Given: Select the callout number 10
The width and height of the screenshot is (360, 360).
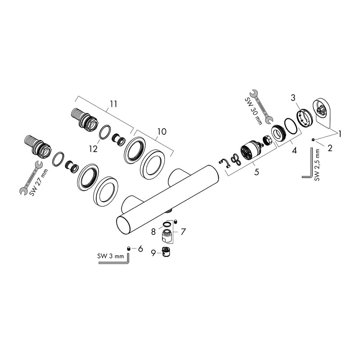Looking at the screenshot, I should pyautogui.click(x=161, y=131).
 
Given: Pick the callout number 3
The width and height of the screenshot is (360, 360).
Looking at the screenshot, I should pyautogui.click(x=293, y=98).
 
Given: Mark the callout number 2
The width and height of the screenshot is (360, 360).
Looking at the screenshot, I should pyautogui.click(x=329, y=148).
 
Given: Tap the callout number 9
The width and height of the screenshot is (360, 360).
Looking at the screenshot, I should pyautogui.click(x=153, y=253).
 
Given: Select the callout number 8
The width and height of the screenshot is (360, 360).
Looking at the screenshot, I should pyautogui.click(x=153, y=232).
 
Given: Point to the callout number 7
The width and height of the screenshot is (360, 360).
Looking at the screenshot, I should pyautogui.click(x=183, y=232).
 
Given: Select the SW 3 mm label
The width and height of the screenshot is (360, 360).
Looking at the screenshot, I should pyautogui.click(x=110, y=256).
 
